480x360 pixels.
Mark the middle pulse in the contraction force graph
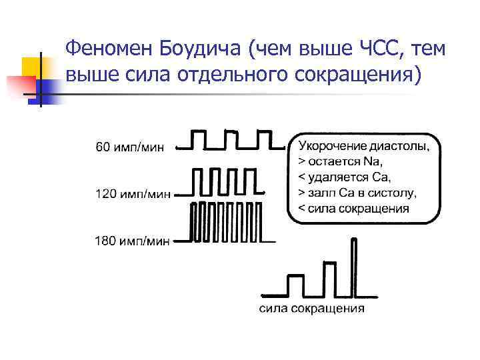point(328,277)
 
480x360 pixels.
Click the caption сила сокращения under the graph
point(311,308)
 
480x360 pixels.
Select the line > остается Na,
point(342,161)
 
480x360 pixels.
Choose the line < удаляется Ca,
point(344,177)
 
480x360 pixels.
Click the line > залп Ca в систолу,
point(357,193)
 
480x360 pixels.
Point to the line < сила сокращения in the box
point(353,209)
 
